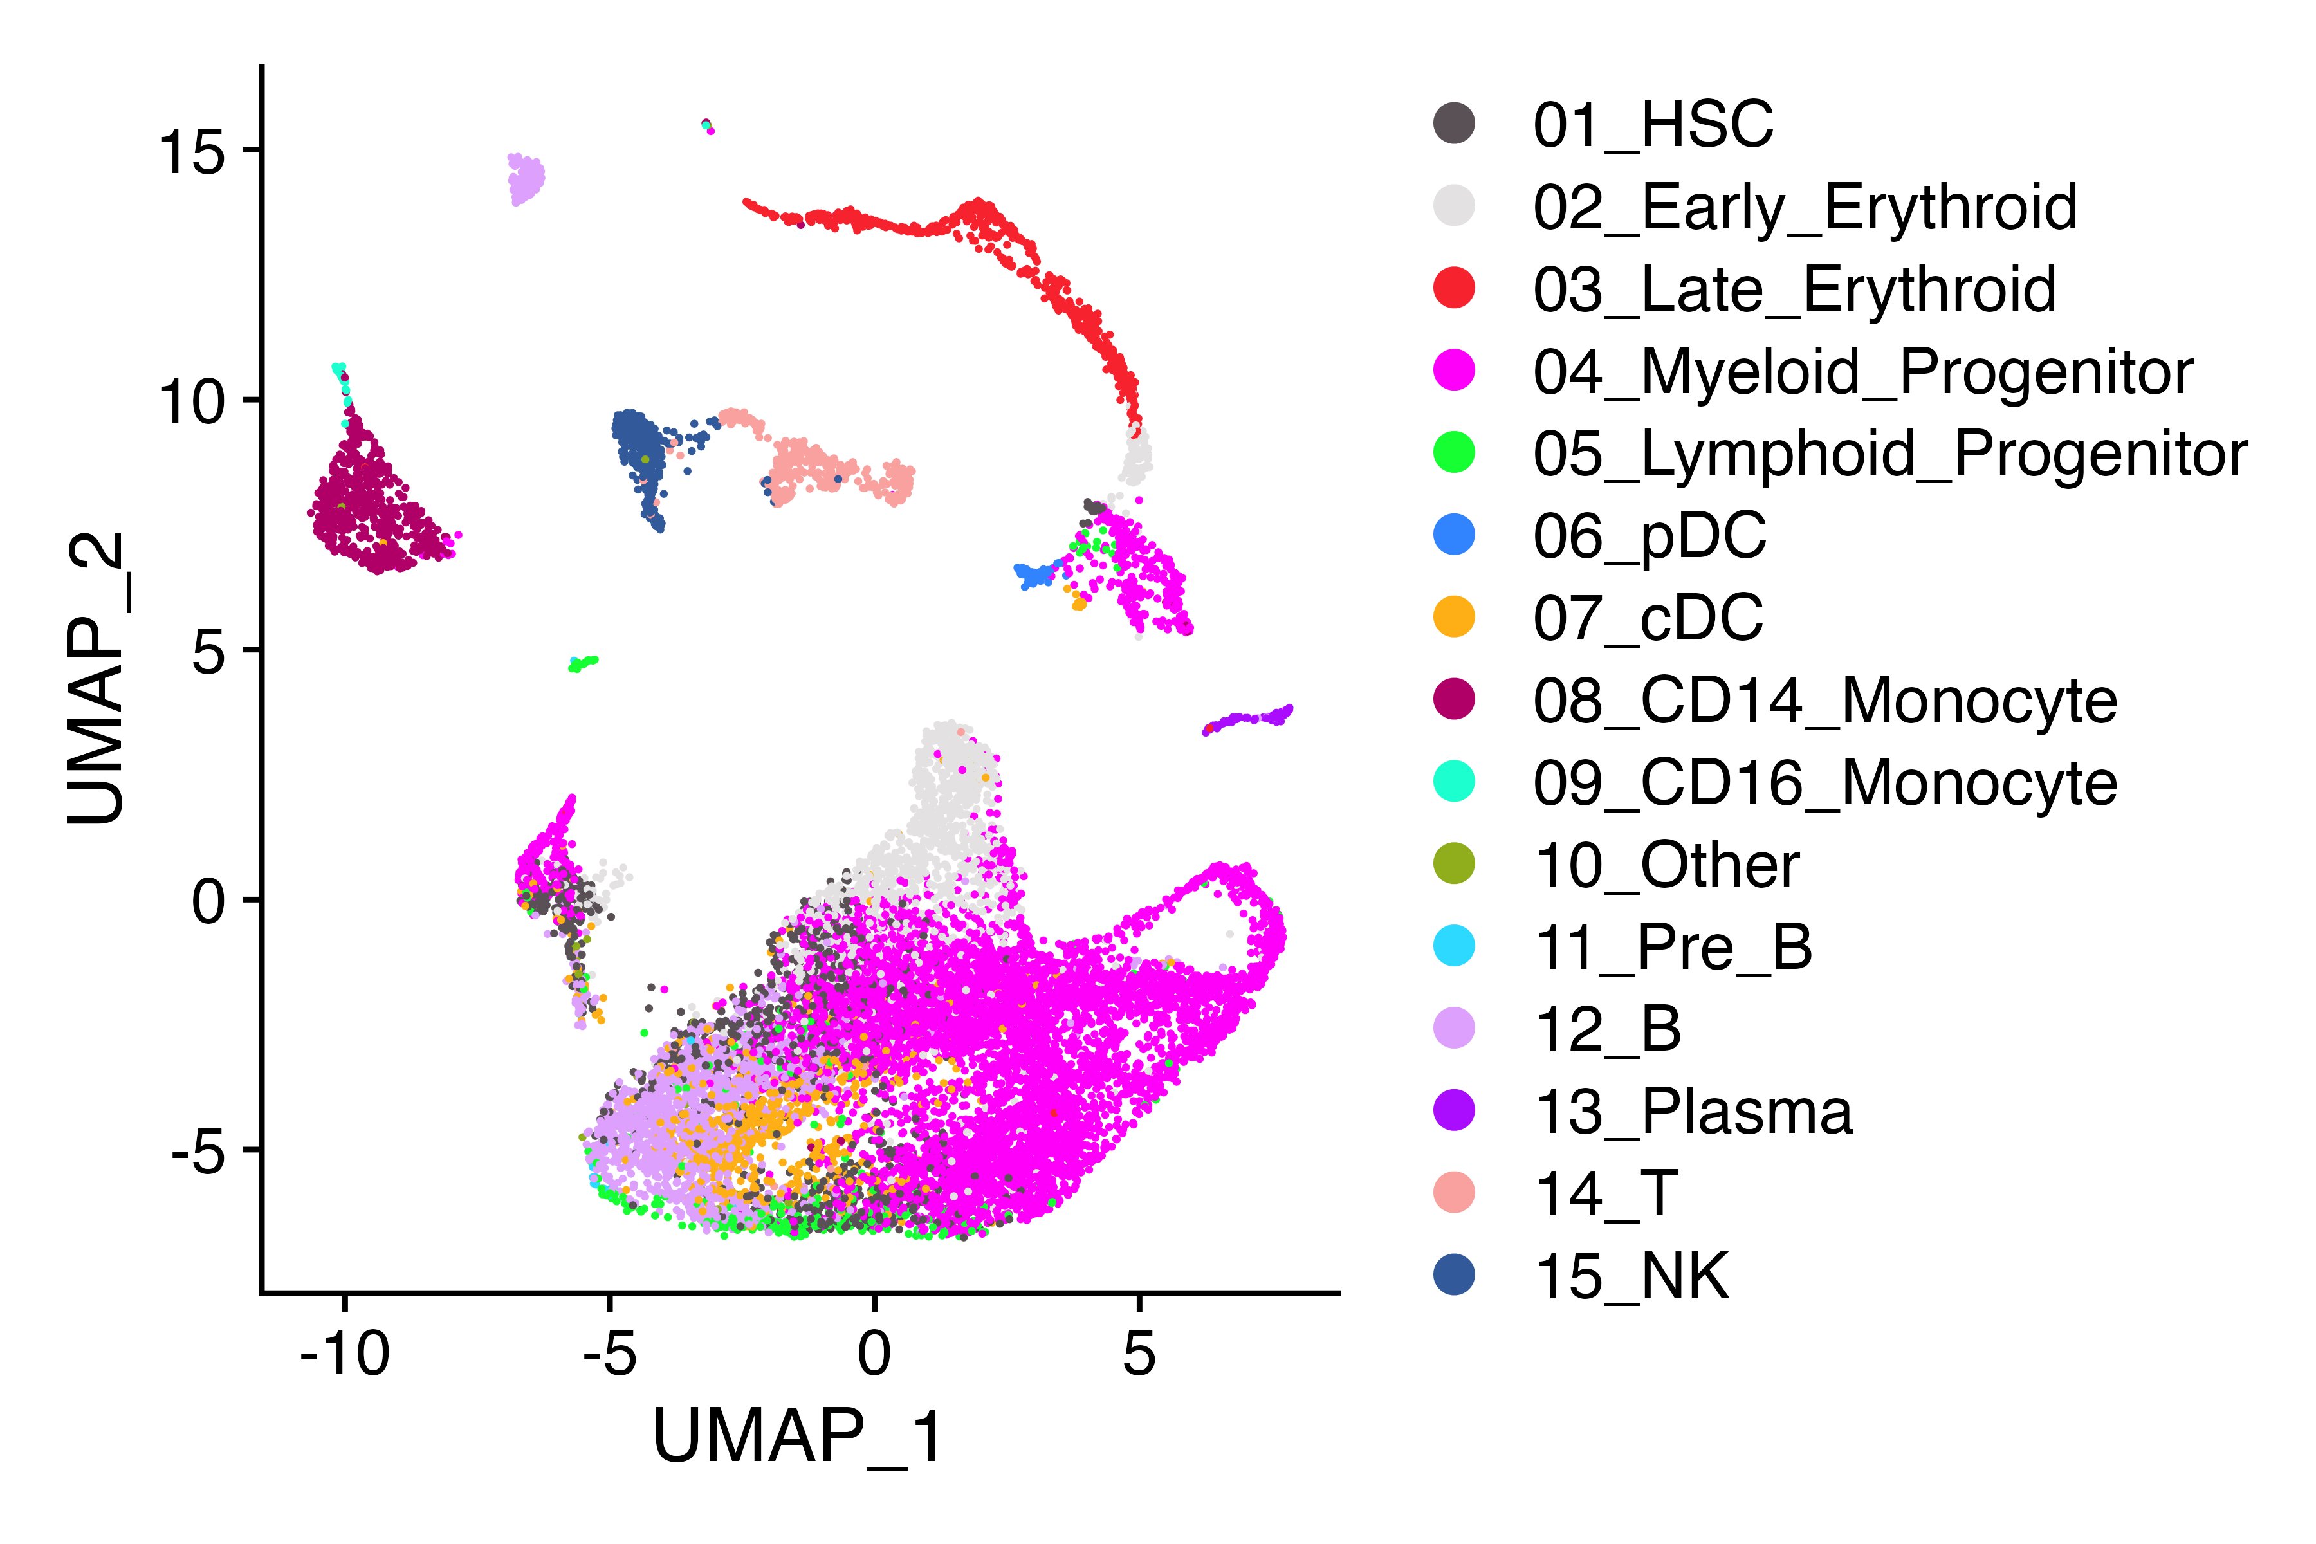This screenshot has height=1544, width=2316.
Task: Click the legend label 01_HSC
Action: [x=1652, y=124]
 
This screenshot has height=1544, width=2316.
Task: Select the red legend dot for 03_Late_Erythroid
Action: [x=1455, y=288]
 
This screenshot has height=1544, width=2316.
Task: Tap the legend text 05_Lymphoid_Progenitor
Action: [x=1889, y=454]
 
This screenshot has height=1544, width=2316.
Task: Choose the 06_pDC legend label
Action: [x=1650, y=537]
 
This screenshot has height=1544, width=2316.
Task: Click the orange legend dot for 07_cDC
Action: [x=1455, y=618]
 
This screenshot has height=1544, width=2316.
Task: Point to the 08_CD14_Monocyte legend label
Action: [x=1824, y=701]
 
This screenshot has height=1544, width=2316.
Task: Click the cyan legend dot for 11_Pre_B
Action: [x=1455, y=946]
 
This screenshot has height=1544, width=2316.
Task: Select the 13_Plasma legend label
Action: [x=1693, y=1112]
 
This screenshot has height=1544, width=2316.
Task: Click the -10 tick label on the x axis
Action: [x=345, y=1354]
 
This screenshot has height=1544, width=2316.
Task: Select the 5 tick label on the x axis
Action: [x=1139, y=1354]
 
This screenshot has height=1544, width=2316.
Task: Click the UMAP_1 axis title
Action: [x=798, y=1438]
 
